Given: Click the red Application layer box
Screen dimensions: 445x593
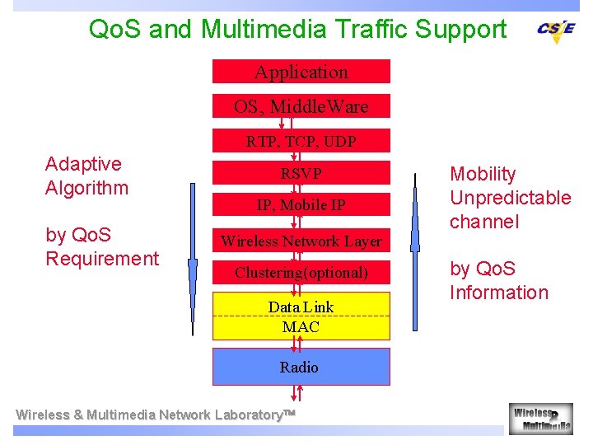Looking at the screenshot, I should pos(301,72).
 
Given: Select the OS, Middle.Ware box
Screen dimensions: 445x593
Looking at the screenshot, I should pos(301,106).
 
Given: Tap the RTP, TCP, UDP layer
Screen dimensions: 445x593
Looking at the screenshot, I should pos(301,141).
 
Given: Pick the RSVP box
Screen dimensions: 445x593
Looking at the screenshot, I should pos(301,174).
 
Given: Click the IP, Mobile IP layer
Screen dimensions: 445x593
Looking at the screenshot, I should pos(301,205).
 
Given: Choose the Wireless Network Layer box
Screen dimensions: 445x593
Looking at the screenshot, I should pos(301,241).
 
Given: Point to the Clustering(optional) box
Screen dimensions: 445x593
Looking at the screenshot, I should pos(301,272).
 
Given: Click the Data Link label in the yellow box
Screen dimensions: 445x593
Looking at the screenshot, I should pos(301,307).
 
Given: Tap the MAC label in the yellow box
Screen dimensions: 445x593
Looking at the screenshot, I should pos(301,327).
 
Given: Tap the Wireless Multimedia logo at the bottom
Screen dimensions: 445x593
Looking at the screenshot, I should pos(540,418).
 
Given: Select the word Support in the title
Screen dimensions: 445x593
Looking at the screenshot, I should pos(460,30).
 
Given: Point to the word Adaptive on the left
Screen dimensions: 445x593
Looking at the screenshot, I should pos(83,164).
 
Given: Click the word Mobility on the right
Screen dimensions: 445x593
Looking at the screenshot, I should pos(483,174).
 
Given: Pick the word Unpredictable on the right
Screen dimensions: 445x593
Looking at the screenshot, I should pos(510,198).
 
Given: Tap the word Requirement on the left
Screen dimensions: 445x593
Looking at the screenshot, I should pos(102,259).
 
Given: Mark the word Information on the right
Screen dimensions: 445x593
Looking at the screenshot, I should pos(498,293).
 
